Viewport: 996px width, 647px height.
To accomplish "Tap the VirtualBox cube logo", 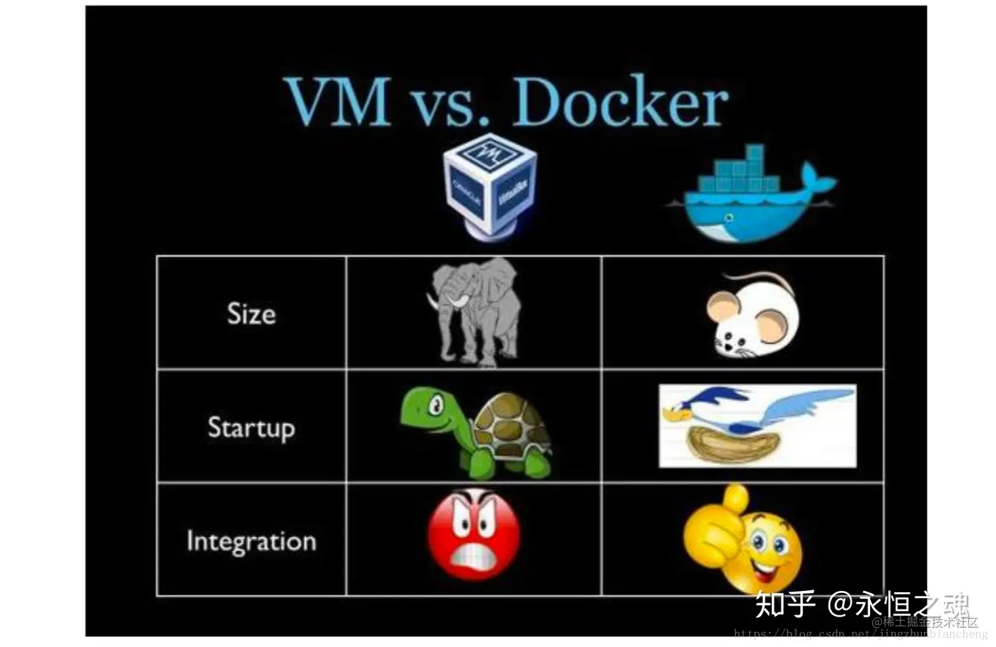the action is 491,184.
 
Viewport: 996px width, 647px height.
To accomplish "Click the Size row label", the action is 251,314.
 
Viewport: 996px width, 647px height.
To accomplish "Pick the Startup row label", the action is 251,428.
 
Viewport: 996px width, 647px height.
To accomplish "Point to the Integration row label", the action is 251,542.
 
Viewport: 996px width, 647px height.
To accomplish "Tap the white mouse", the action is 754,316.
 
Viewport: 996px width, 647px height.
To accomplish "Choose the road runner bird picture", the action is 758,426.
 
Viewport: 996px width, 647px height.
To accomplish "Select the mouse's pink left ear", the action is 721,306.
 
